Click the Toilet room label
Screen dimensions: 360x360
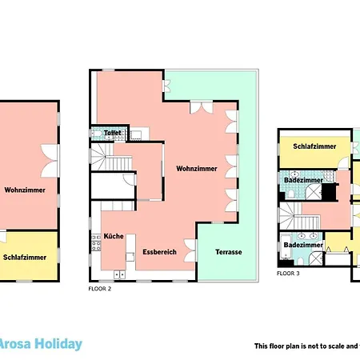coord(112,132)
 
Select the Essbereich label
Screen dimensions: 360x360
coord(158,253)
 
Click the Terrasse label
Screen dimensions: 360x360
coord(229,253)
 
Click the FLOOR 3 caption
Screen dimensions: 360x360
coord(288,274)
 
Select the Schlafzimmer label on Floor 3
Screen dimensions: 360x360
coord(313,146)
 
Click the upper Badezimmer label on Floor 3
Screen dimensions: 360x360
coord(303,181)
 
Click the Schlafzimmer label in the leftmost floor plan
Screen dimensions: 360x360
coord(25,258)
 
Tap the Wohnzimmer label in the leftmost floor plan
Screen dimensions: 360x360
coord(25,190)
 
